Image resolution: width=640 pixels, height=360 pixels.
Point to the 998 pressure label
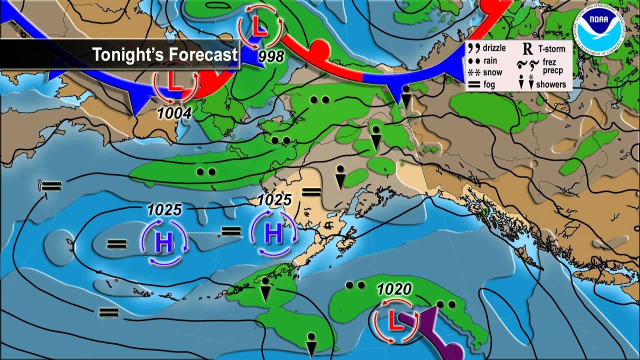tap(271, 56)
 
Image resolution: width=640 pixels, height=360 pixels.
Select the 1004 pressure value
tap(174, 113)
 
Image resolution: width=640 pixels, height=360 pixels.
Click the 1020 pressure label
tap(394, 288)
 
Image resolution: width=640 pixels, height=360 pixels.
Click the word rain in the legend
tap(490, 60)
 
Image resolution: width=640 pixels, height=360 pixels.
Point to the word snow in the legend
tap(492, 72)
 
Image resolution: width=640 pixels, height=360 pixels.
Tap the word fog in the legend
tap(489, 84)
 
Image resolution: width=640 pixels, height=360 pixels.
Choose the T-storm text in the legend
tap(551, 48)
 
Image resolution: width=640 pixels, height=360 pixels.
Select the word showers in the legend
tap(551, 84)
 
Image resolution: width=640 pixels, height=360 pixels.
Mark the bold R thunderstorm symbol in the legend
tap(527, 48)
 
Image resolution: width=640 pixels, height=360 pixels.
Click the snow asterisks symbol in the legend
tap(474, 72)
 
